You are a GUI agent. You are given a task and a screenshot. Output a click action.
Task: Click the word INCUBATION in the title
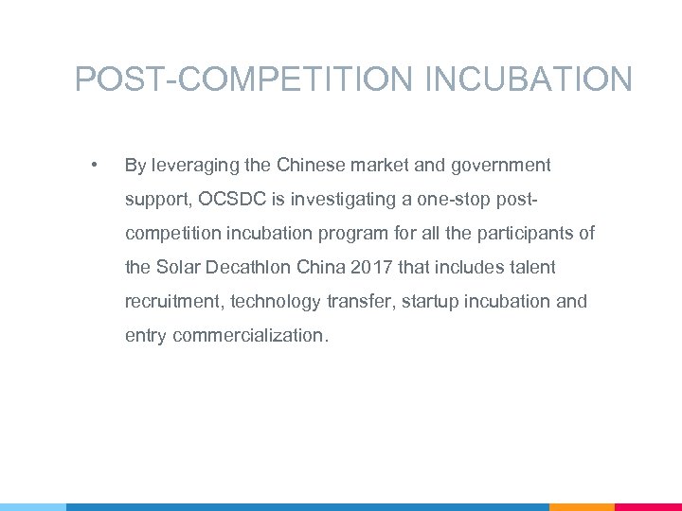click(x=529, y=79)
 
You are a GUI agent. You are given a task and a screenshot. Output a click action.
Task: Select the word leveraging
click(x=194, y=166)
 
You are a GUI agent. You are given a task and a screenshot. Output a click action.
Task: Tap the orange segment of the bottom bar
click(x=582, y=506)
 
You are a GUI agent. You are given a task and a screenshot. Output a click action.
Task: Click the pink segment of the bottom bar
click(x=648, y=506)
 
